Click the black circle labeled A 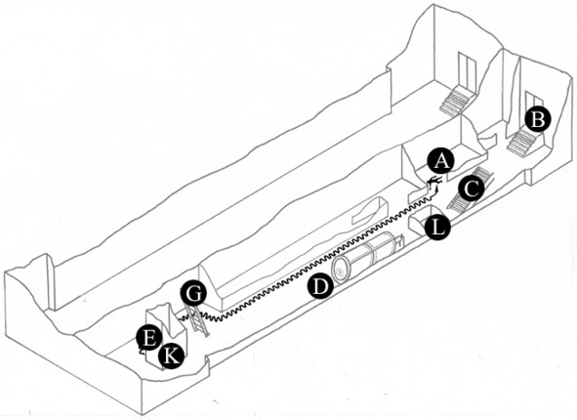pyautogui.click(x=441, y=161)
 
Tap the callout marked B pyautogui.click(x=538, y=119)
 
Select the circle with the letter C pyautogui.click(x=472, y=189)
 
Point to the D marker pyautogui.click(x=321, y=286)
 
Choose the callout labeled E pyautogui.click(x=149, y=338)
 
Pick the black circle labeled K pyautogui.click(x=171, y=357)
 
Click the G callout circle pyautogui.click(x=193, y=293)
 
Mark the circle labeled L pyautogui.click(x=437, y=228)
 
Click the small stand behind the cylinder pyautogui.click(x=400, y=241)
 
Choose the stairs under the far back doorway pyautogui.click(x=455, y=101)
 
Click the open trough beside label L pyautogui.click(x=421, y=220)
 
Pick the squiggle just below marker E pyautogui.click(x=141, y=351)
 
